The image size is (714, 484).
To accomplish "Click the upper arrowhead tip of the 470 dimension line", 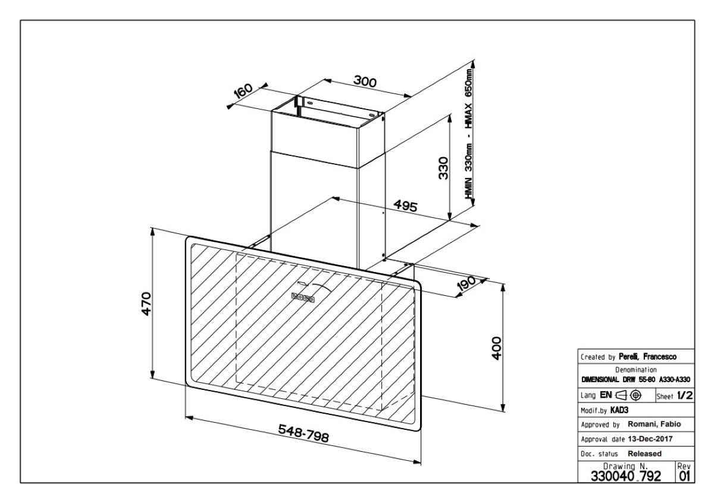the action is pos(152,229).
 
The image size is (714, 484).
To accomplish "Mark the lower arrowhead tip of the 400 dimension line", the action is pos(503,411).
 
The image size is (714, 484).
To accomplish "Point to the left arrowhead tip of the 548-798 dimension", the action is pos(186,416).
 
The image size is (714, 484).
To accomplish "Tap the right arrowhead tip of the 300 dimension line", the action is pos(412,96).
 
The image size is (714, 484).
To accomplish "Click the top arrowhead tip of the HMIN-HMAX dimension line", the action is pos(473,61).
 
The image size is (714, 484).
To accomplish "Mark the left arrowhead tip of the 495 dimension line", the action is pos(332,198).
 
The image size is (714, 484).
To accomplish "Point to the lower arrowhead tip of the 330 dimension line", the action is pos(449,220).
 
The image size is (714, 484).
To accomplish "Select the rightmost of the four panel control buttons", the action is pos(311,299).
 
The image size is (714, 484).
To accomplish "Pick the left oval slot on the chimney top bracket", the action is pos(309,102).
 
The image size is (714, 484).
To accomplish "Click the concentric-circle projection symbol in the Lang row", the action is pos(635,395).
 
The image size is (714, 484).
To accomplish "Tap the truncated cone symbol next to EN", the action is pos(621,395).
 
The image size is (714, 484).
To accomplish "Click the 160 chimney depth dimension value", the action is pos(243,91).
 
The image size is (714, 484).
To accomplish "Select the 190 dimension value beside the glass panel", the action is pos(466,283).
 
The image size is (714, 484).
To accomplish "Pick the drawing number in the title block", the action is pos(626,476).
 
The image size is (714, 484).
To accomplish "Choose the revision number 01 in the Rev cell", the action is pos(684,476).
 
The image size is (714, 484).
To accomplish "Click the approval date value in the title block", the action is pos(650,439).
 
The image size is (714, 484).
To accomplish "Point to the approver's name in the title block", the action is pos(654,424).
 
